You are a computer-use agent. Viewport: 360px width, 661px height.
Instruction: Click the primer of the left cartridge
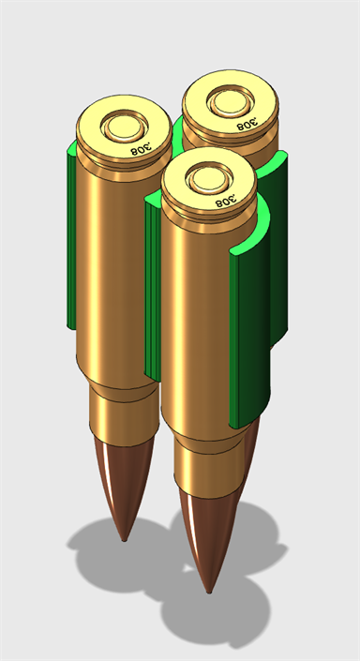(x=125, y=127)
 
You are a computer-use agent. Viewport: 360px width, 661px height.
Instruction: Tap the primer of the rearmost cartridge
(x=231, y=101)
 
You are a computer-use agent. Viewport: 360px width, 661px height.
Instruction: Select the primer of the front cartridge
(x=209, y=178)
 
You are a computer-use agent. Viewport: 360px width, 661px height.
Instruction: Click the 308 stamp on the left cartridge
(x=142, y=148)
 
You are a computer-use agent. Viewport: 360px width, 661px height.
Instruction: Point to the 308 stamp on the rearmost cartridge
(x=247, y=123)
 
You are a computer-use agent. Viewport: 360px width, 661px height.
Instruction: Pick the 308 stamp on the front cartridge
(x=226, y=200)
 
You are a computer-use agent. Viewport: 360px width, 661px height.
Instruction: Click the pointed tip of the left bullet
(x=124, y=540)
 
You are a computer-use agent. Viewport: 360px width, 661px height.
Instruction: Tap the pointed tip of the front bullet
(x=209, y=592)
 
